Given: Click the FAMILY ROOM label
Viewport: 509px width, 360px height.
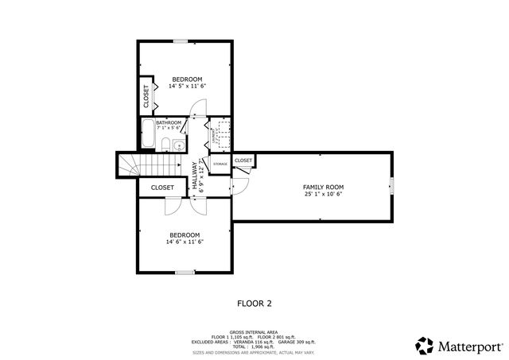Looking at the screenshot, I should [x=323, y=187].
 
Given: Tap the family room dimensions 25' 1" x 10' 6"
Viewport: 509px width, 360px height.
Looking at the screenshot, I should [x=323, y=194].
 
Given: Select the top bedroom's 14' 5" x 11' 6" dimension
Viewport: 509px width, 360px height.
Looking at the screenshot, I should [x=188, y=86].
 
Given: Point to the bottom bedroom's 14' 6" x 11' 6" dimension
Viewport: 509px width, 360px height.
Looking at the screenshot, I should [x=184, y=242].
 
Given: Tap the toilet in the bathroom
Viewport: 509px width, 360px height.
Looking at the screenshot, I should [x=164, y=144].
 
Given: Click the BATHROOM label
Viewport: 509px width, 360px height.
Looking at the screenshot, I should [x=173, y=122].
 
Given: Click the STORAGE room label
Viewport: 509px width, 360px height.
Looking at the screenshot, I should [x=220, y=164].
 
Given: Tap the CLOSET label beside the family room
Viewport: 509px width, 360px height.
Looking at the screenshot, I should [x=243, y=161].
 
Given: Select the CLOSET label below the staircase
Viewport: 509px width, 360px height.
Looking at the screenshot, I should [x=162, y=188].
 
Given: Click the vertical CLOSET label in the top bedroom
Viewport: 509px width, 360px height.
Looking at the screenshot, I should [x=146, y=96].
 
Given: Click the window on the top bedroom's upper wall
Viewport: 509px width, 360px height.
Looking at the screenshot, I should [x=182, y=41].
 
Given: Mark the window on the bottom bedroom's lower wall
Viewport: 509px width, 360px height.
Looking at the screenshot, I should [x=185, y=273].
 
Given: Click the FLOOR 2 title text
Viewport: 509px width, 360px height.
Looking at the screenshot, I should [x=254, y=303].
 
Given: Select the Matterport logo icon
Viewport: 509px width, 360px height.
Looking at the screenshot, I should [x=425, y=346].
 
